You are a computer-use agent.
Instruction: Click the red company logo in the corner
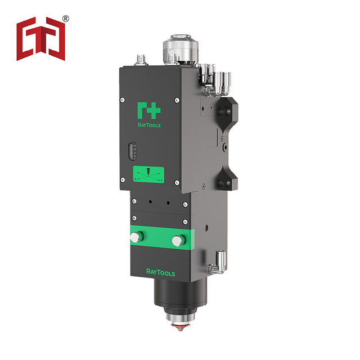(41, 39)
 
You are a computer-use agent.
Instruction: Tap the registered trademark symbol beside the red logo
(66, 19)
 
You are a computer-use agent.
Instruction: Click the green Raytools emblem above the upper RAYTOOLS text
(148, 111)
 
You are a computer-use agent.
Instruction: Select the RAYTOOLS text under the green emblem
(149, 125)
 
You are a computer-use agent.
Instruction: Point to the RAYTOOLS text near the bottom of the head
(161, 272)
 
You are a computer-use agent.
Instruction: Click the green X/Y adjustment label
(148, 175)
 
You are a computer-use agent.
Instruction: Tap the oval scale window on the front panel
(132, 151)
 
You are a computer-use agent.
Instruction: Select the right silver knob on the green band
(178, 241)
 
